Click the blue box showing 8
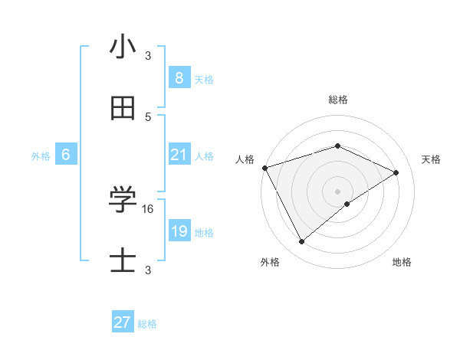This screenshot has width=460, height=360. [x=179, y=77]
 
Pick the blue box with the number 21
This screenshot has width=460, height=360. [x=179, y=155]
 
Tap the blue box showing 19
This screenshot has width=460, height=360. [x=179, y=231]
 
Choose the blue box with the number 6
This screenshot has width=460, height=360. [x=66, y=155]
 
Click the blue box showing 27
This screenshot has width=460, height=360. [x=123, y=322]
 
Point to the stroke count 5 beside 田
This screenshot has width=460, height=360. [x=148, y=116]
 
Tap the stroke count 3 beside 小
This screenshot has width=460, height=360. [x=148, y=55]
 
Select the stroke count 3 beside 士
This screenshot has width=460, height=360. [x=148, y=270]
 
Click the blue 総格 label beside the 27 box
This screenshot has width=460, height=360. [x=147, y=324]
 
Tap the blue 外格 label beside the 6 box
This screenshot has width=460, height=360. [x=41, y=156]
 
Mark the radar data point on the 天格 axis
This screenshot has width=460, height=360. [x=396, y=172]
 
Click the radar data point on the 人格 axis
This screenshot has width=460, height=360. [x=264, y=167]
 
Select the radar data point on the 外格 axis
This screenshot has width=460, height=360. [x=301, y=242]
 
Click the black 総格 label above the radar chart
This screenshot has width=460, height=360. [x=338, y=100]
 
